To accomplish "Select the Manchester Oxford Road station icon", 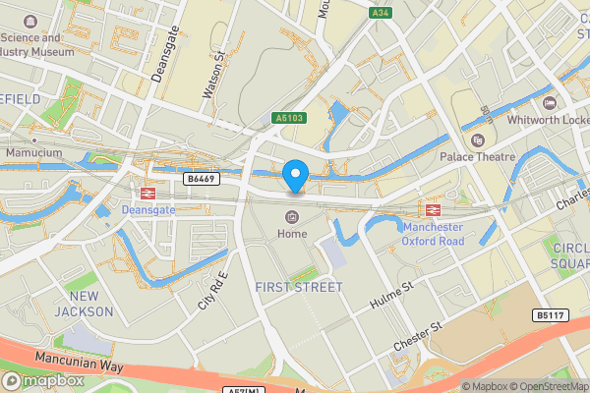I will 431,209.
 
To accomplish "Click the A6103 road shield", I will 287,118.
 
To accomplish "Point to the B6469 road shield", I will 202,179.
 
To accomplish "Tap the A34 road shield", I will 382,13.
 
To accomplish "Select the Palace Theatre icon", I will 479,140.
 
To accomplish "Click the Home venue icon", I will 292,217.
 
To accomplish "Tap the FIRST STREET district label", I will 298,287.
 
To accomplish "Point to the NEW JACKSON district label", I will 85,304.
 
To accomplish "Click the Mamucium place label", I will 33,154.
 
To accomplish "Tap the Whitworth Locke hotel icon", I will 549,103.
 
